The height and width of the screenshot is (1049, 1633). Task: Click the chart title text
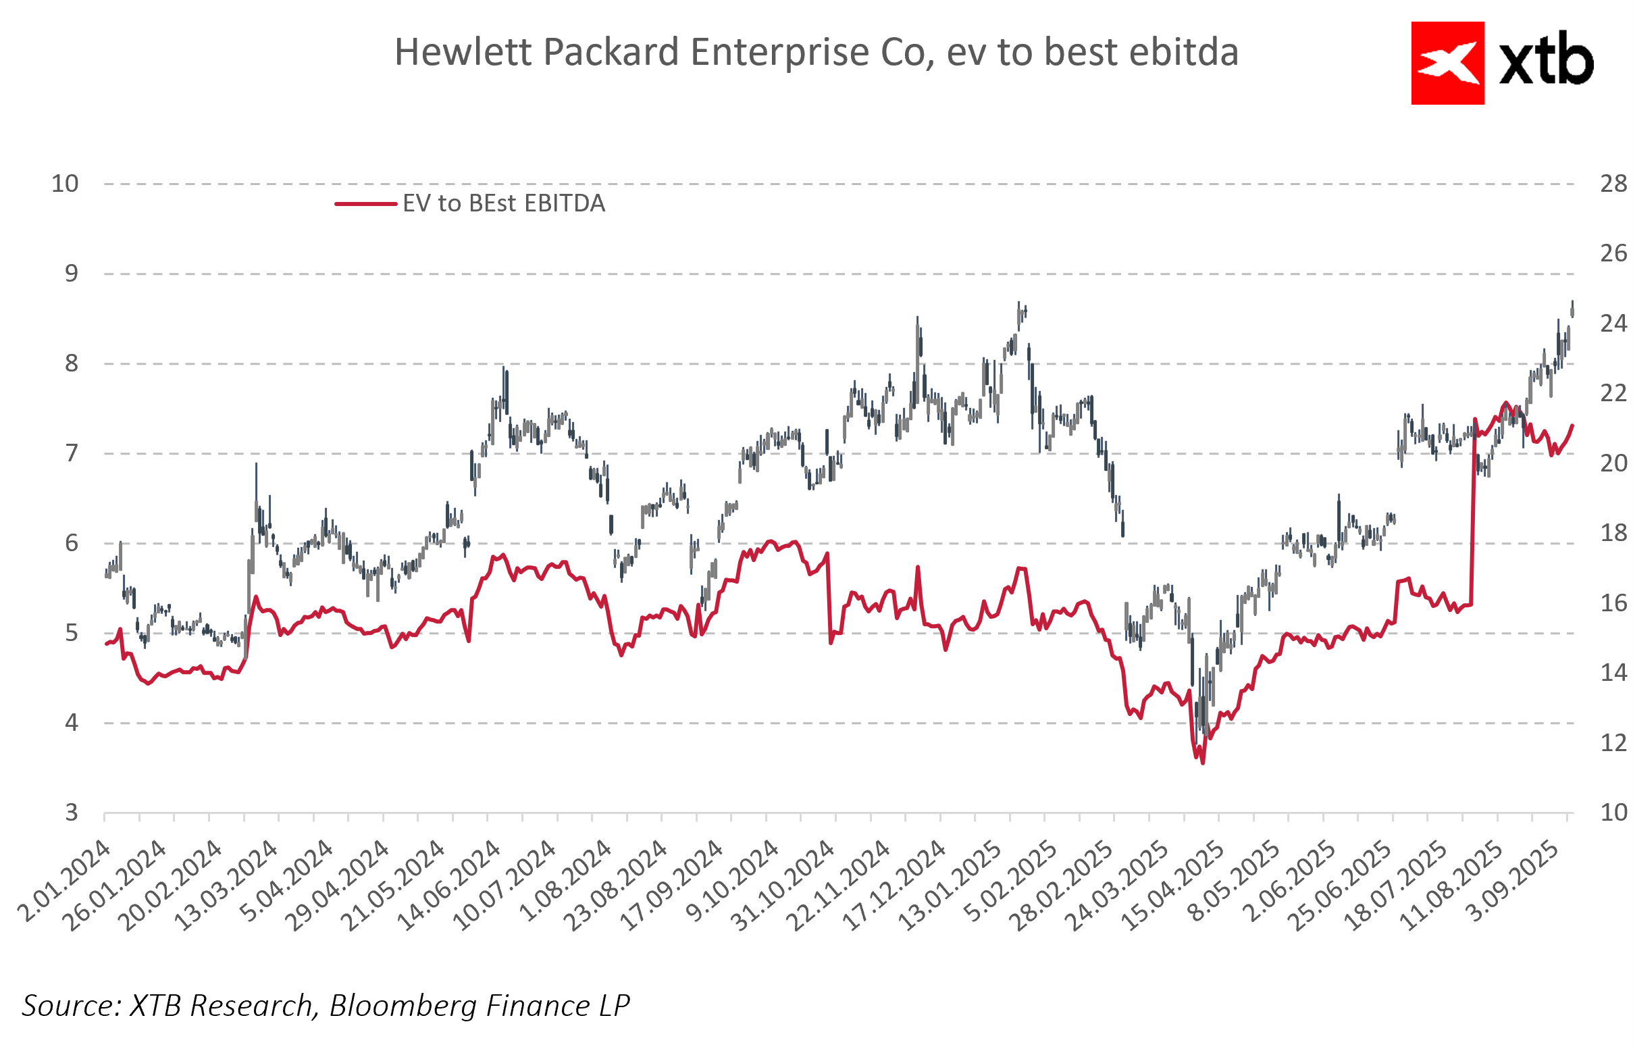pos(816,53)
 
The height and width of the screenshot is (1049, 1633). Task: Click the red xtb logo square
pos(1447,63)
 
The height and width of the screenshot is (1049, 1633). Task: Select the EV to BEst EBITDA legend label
pos(504,204)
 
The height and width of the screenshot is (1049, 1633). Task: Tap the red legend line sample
pos(365,204)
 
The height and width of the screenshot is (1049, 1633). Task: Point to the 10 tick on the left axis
pos(66,184)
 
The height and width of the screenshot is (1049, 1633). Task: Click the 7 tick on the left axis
pos(72,453)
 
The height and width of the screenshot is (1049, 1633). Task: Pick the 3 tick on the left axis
pos(72,813)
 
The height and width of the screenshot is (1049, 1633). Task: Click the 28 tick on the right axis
pos(1613,184)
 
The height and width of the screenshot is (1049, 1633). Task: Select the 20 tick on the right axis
pos(1613,464)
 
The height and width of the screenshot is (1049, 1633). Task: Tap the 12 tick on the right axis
pos(1613,743)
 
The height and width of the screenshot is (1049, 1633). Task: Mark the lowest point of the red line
pos(1203,763)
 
